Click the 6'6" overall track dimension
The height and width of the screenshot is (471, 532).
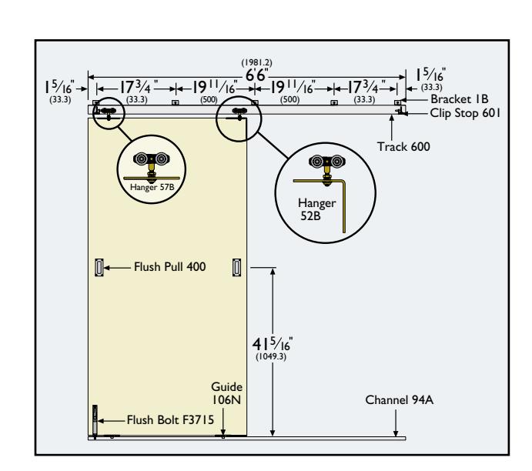click(x=257, y=75)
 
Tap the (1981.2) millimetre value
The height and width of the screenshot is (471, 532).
click(x=257, y=63)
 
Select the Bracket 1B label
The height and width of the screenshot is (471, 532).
click(x=460, y=99)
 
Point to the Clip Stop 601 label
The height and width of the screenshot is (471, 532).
click(x=465, y=113)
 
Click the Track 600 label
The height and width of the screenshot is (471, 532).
click(x=403, y=147)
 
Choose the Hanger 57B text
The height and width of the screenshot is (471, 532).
click(x=152, y=187)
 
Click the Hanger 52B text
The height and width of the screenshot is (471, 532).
click(x=316, y=209)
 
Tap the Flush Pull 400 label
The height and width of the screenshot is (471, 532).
click(x=169, y=267)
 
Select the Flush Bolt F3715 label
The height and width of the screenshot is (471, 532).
click(x=170, y=420)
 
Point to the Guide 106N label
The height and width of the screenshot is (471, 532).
click(x=226, y=393)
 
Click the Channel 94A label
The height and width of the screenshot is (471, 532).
click(x=399, y=400)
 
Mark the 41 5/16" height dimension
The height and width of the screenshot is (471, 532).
click(x=273, y=345)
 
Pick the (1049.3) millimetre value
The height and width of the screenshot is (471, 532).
click(x=271, y=357)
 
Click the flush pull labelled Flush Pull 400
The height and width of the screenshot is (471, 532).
click(x=99, y=268)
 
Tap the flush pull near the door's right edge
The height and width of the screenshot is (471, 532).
click(x=237, y=268)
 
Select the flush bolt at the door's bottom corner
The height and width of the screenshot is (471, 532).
click(x=95, y=422)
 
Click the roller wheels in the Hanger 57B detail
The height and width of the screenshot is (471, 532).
click(x=151, y=159)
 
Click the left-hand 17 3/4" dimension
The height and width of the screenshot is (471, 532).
click(x=136, y=88)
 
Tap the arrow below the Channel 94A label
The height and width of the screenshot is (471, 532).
click(x=396, y=423)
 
